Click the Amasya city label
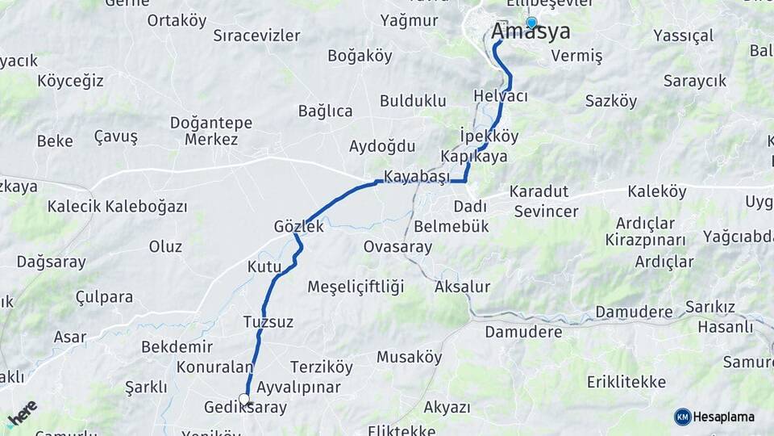tap(531, 32)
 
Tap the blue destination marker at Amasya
tap(531, 23)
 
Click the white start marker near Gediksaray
tap(244, 399)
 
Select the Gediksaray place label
tap(245, 409)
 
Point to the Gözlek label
tap(298, 227)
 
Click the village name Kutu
tap(264, 266)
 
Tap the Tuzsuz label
tap(268, 321)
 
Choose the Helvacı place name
tap(501, 96)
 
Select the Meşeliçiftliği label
tap(356, 287)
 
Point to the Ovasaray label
tap(397, 246)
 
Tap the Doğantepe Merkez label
tap(211, 131)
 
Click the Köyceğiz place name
tap(70, 81)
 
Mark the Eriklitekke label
tap(626, 381)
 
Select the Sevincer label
tap(546, 212)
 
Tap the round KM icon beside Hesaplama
tap(683, 417)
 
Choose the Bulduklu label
tap(413, 101)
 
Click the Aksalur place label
tap(462, 287)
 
